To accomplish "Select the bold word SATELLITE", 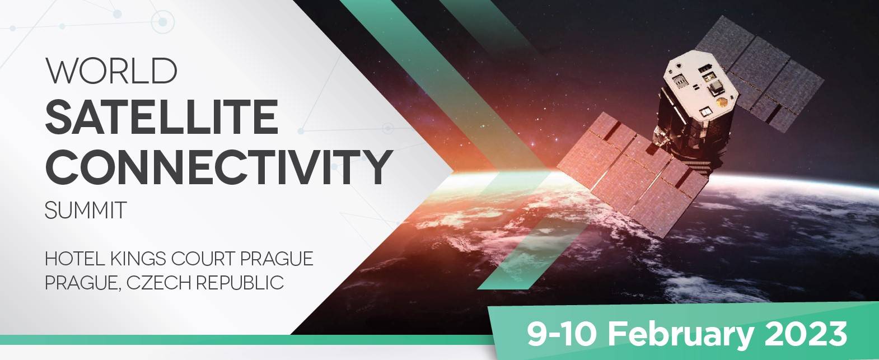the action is (162, 116).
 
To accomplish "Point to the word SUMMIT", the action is (85, 210).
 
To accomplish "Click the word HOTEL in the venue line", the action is (74, 259).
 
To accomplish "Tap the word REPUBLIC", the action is (240, 282).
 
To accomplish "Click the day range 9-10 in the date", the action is (562, 334).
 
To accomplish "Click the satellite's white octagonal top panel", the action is (701, 88).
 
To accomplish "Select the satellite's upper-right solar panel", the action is (759, 73).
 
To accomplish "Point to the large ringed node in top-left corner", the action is (162, 22).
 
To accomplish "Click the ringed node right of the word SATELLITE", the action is (387, 128).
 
